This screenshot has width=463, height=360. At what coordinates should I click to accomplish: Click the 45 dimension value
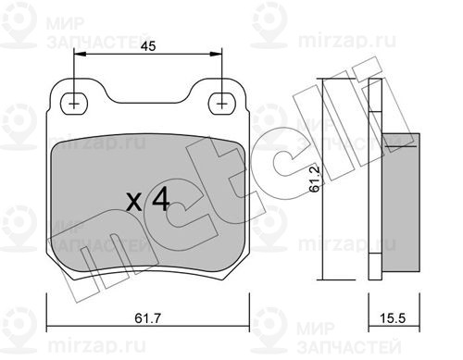click(x=148, y=46)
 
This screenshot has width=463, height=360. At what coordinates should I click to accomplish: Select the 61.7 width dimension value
click(x=148, y=318)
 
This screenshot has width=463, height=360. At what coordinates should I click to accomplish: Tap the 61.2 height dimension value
click(x=315, y=179)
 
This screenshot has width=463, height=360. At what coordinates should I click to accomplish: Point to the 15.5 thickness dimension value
click(x=392, y=318)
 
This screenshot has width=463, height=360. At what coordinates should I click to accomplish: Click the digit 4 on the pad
click(x=160, y=199)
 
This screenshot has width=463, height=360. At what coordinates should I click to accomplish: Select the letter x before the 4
click(x=134, y=202)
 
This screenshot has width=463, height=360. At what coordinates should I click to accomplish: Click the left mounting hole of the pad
click(x=74, y=104)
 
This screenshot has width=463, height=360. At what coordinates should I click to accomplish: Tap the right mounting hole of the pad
click(x=221, y=104)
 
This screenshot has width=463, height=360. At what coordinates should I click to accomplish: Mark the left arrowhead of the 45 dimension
click(x=80, y=55)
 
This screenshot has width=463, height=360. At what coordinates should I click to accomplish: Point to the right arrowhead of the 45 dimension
click(x=216, y=55)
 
